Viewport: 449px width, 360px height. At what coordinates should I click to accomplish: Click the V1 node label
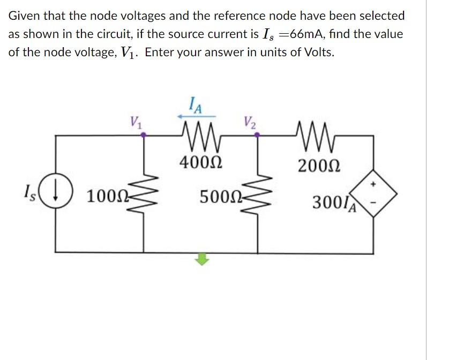(135, 122)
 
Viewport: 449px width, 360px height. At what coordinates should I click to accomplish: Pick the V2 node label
(250, 122)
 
